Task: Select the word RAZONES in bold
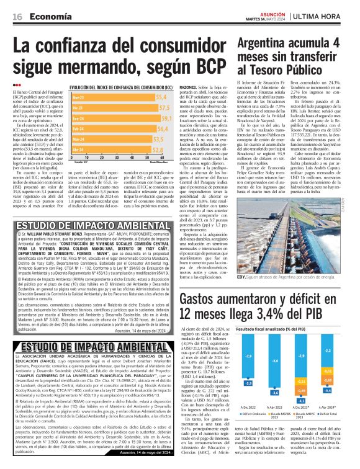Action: coord(187,87)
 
